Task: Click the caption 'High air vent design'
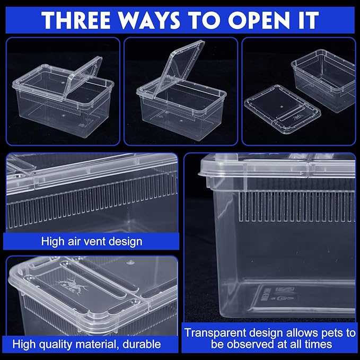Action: (91, 241)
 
